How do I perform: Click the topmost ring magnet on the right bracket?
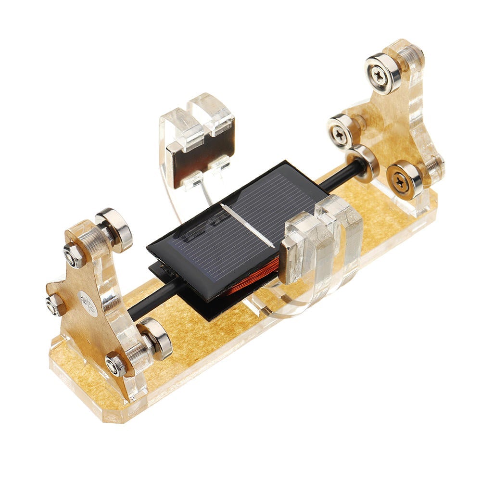tap(383, 74)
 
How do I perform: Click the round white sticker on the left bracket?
tap(88, 303)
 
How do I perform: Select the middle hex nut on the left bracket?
tap(54, 304)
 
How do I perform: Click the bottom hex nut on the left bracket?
tap(116, 364)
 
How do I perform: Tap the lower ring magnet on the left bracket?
tap(155, 338)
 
